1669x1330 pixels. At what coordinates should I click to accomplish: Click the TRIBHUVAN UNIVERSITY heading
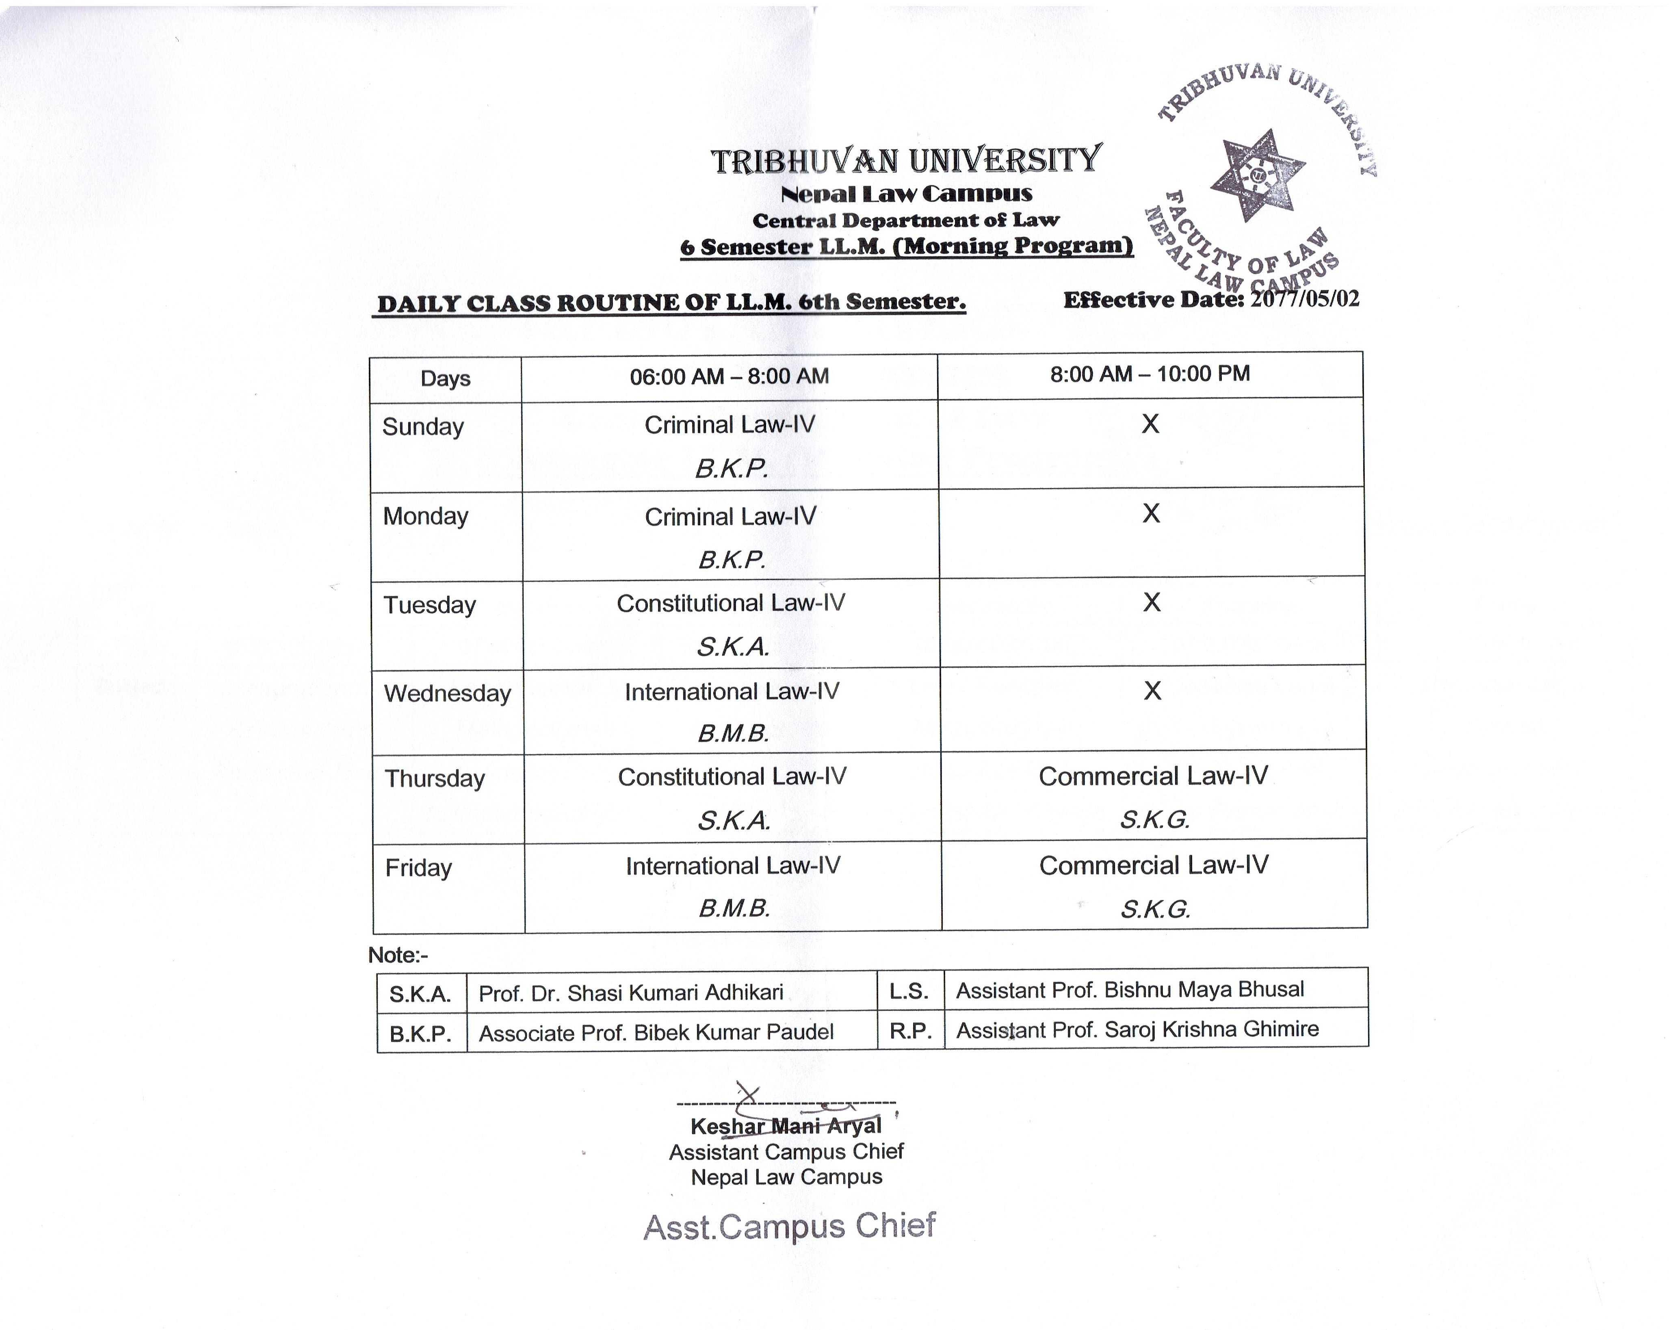(x=906, y=160)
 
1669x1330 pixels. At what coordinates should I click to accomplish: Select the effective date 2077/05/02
(x=1304, y=299)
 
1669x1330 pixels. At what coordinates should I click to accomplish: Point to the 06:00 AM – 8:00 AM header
(x=729, y=376)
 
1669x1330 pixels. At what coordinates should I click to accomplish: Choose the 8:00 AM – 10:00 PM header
(x=1149, y=374)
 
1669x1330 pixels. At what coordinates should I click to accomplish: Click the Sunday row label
(x=423, y=426)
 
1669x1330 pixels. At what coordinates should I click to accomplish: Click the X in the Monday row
(x=1151, y=513)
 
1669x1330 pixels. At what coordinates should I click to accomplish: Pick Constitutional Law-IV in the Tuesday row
(x=731, y=603)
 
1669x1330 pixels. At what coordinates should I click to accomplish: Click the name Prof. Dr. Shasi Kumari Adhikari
(x=631, y=993)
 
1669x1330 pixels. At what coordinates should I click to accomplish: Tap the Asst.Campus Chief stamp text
(x=790, y=1226)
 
